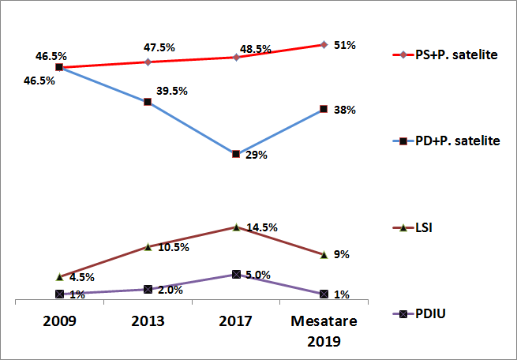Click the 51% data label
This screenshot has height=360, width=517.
point(344,45)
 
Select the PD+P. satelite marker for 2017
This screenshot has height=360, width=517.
point(236,154)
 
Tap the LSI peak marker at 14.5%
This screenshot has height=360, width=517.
point(236,227)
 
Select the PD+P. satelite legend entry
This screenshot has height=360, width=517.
point(446,141)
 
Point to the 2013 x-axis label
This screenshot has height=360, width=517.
point(148,321)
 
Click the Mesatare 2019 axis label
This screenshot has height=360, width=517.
point(324,332)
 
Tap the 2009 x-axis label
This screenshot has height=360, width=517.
point(59,321)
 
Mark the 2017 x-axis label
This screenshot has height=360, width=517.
point(236,321)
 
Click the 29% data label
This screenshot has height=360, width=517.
point(257,156)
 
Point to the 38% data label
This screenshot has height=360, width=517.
point(344,111)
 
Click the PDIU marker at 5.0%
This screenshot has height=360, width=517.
point(236,275)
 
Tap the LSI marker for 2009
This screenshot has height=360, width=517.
point(59,277)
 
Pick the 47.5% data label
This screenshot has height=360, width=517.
point(160,47)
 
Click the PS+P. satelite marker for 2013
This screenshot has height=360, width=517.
point(148,62)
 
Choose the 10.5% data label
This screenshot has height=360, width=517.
point(172,248)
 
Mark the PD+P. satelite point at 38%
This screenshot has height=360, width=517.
point(324,109)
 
